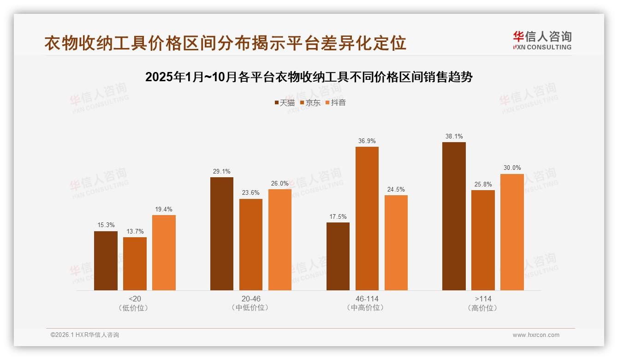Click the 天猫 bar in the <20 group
(106, 261)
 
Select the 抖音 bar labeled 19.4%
(164, 252)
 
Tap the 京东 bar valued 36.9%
(367, 218)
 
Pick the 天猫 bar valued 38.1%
(454, 216)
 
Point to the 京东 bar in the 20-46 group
(250, 245)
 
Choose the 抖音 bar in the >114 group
(512, 232)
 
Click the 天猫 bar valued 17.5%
(338, 256)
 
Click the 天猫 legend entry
(284, 102)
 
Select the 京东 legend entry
(310, 102)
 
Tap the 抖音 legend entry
(335, 102)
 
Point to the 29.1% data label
(221, 171)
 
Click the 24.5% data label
(396, 189)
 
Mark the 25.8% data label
(483, 184)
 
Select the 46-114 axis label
(367, 299)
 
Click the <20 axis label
(135, 299)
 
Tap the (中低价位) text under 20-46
(250, 308)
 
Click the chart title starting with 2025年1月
(309, 77)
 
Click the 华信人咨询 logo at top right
(542, 40)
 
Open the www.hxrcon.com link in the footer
(535, 335)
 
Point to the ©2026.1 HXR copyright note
(85, 335)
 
